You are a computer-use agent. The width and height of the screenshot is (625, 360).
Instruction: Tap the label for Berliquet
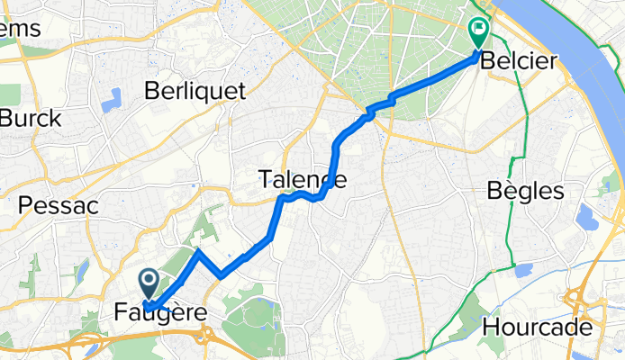pos(190,90)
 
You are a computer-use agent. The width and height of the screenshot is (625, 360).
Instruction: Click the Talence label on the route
pos(303,180)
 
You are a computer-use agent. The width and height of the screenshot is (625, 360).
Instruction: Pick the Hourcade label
pos(538,327)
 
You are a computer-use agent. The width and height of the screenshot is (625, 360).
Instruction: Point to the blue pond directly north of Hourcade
pos(522,271)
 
